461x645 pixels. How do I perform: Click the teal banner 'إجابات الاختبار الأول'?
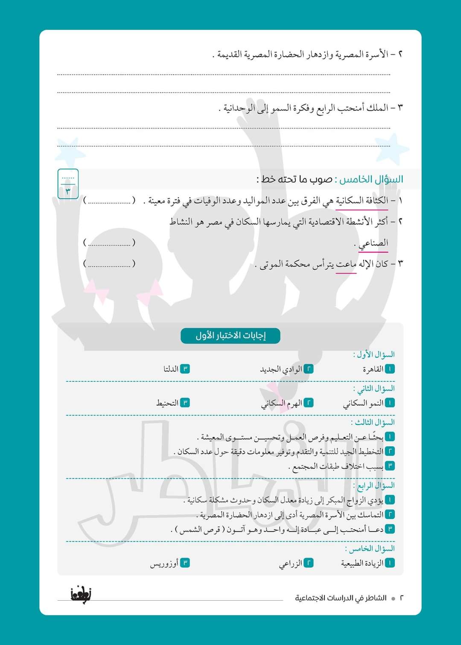(x=230, y=336)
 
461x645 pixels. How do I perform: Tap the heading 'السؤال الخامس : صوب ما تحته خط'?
(x=330, y=179)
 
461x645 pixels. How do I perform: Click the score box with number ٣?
(x=68, y=184)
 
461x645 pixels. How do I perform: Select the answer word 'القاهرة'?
(x=373, y=369)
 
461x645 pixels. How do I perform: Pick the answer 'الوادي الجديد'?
(x=281, y=369)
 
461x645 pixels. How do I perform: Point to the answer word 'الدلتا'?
(x=171, y=369)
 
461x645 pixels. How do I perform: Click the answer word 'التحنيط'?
(x=167, y=403)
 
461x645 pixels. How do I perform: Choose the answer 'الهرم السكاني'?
(x=281, y=403)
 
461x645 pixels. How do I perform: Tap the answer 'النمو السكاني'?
(x=363, y=403)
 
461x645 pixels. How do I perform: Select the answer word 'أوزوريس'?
(x=164, y=564)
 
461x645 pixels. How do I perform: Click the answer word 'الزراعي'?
(x=291, y=564)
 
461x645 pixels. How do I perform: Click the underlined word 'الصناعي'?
(x=373, y=243)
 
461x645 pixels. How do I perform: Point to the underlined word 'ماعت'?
(x=346, y=264)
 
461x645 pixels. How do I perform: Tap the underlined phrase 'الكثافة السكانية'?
(x=362, y=200)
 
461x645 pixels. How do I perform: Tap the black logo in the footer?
(x=81, y=594)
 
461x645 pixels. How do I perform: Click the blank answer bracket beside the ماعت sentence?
(x=109, y=264)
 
